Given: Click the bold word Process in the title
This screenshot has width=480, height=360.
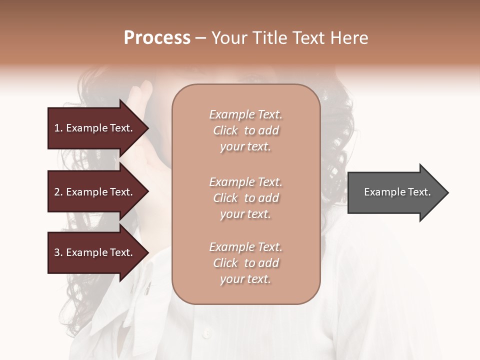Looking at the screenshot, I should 157,38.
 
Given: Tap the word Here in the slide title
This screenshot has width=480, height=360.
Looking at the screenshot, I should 349,38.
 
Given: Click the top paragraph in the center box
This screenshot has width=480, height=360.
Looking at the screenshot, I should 246,130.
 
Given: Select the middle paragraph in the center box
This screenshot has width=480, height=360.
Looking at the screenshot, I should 246,198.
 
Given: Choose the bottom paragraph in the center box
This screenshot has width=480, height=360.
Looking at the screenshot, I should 246,263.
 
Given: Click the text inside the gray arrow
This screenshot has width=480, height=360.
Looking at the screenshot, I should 397,192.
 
